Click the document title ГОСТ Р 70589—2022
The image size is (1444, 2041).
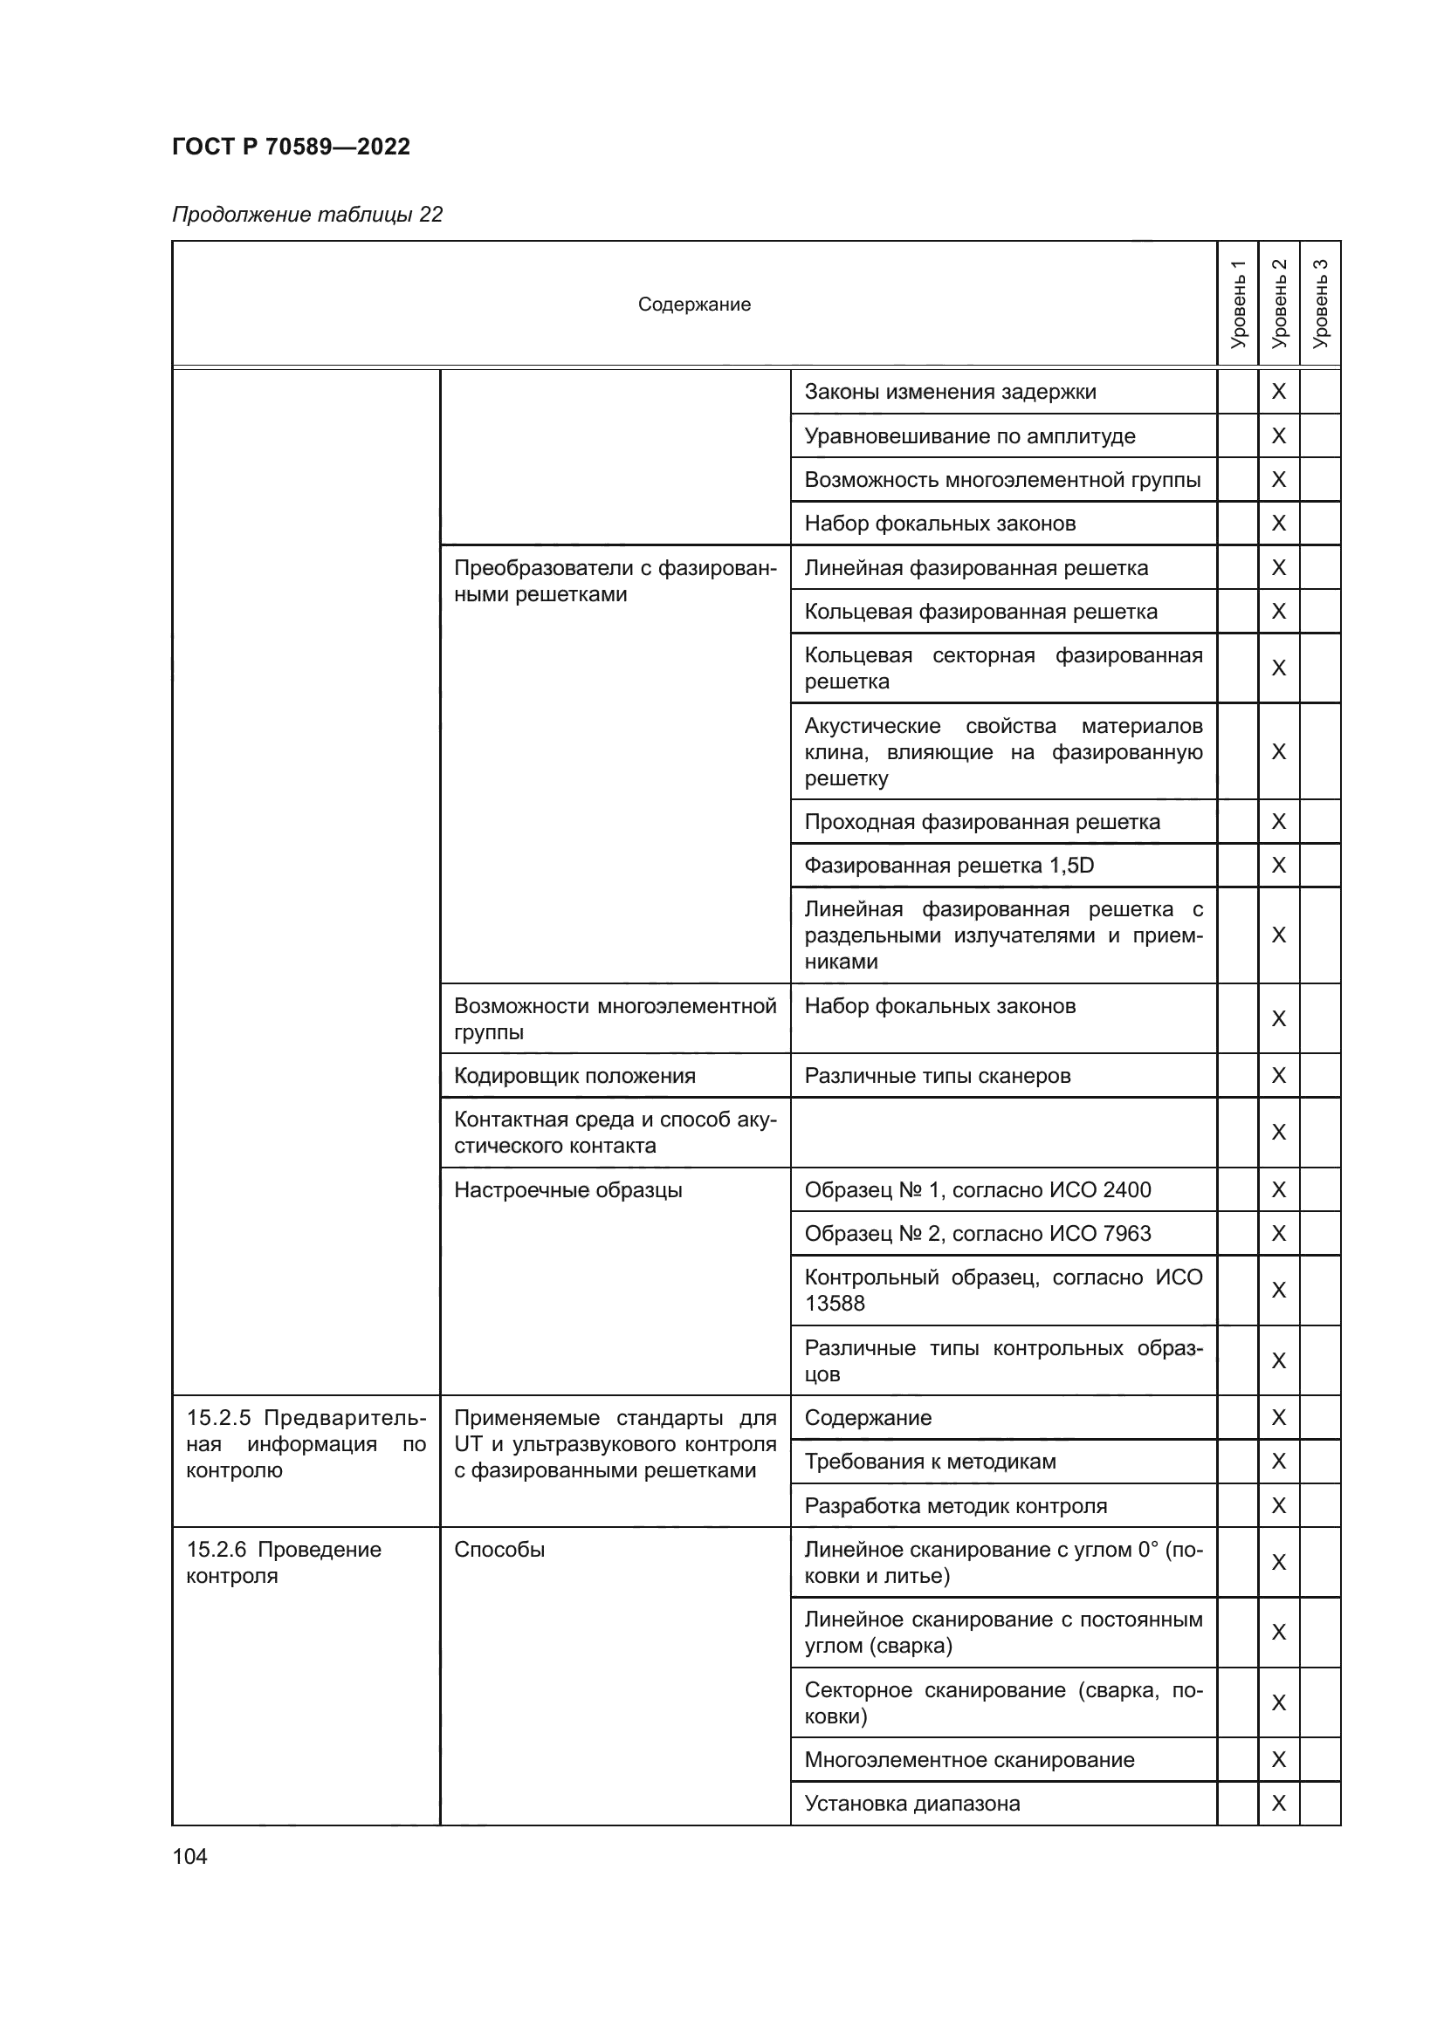[x=291, y=147]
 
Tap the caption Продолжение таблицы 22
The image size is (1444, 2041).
[x=306, y=215]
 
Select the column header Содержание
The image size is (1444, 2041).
[x=693, y=304]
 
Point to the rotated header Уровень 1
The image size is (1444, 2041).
[x=1238, y=304]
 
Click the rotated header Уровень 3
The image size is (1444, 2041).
[x=1320, y=304]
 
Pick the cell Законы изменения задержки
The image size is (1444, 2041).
[x=950, y=392]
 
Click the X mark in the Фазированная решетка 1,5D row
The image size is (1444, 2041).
[x=1279, y=865]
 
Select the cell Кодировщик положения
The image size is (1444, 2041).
[x=574, y=1076]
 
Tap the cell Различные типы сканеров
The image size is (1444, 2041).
[x=937, y=1076]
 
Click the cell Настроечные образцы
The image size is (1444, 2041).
[x=568, y=1189]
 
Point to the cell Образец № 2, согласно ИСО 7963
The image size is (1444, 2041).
[x=977, y=1233]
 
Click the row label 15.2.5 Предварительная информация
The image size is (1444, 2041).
[x=306, y=1443]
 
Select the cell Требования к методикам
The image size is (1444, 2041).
[x=930, y=1462]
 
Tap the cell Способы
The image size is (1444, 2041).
[x=499, y=1550]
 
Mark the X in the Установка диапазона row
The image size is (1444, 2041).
[x=1279, y=1803]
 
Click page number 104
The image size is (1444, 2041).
[x=189, y=1856]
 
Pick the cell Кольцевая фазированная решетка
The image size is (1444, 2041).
[x=980, y=612]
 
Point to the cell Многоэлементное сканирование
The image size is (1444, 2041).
[x=969, y=1759]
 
